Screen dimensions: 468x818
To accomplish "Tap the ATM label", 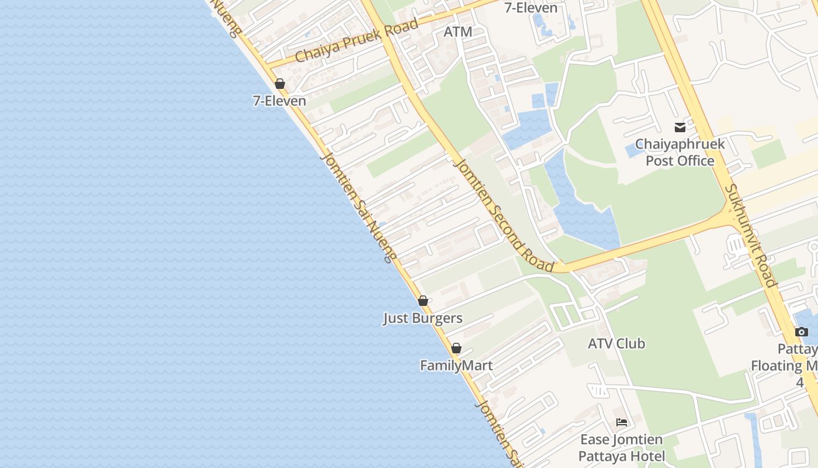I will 457,32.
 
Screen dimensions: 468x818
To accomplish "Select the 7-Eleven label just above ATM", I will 532,8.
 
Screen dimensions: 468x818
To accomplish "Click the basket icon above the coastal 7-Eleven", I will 280,84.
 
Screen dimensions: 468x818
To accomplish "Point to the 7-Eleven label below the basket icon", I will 279,101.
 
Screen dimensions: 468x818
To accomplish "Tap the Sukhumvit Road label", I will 751,236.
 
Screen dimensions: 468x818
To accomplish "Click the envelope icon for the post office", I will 680,127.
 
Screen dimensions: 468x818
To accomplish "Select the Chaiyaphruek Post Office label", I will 680,152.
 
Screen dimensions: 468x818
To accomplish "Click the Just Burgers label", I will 423,318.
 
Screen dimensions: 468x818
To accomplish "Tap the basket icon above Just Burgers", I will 423,301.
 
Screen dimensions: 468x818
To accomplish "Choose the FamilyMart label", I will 456,366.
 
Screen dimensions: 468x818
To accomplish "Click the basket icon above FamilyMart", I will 456,348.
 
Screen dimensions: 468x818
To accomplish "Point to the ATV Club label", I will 616,343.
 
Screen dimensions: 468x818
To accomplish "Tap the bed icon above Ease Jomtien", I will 622,422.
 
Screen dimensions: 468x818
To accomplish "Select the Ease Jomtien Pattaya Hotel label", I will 622,448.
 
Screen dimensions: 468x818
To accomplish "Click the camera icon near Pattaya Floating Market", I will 802,332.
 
